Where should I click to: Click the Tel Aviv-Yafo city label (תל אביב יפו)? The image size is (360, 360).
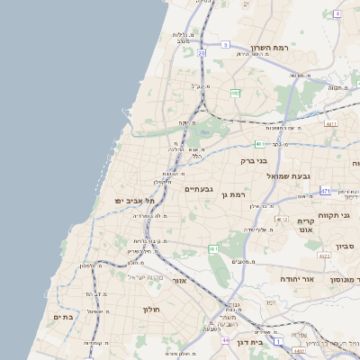coord(136,200)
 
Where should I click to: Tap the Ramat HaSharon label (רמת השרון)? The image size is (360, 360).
coord(267,48)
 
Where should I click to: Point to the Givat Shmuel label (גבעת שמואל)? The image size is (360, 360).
coord(290,175)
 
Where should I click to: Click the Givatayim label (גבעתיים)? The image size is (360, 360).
coord(198,189)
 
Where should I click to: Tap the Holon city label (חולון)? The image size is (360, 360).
coord(149,310)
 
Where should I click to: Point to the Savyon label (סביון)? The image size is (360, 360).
coord(346,246)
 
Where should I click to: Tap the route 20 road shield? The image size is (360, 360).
coord(202,54)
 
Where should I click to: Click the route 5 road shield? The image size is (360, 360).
coord(225,44)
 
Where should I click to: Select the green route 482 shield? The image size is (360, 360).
coord(235,93)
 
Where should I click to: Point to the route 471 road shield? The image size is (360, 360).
coord(325,191)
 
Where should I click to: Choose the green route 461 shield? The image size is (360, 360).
coord(213,248)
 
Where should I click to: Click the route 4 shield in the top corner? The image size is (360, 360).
coord(337,13)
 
